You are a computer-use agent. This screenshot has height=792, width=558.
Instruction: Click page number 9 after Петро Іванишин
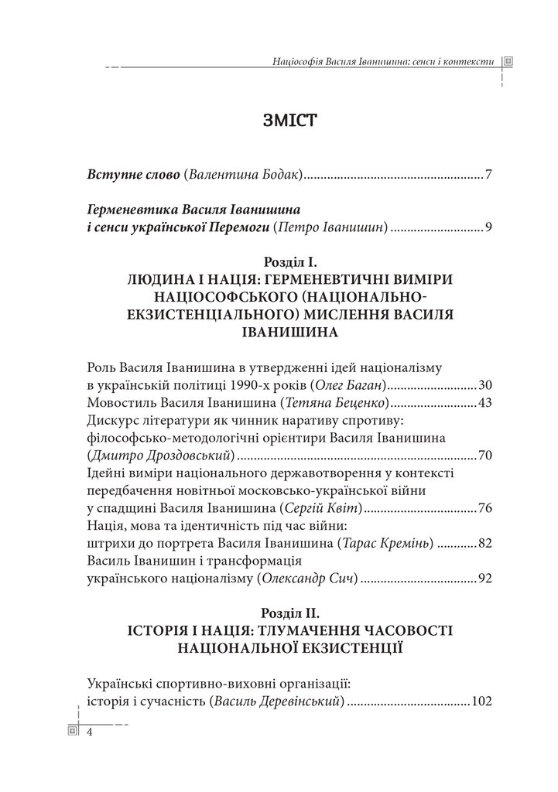click(x=488, y=227)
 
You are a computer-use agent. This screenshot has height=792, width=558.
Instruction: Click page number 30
click(x=485, y=384)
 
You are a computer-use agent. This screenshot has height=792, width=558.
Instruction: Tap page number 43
click(x=485, y=402)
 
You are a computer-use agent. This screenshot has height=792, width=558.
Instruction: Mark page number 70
click(x=485, y=455)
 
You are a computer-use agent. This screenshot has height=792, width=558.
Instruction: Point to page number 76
click(x=485, y=507)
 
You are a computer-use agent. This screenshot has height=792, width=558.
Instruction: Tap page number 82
click(x=485, y=543)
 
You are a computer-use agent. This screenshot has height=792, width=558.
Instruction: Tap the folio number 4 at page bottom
click(x=90, y=732)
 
